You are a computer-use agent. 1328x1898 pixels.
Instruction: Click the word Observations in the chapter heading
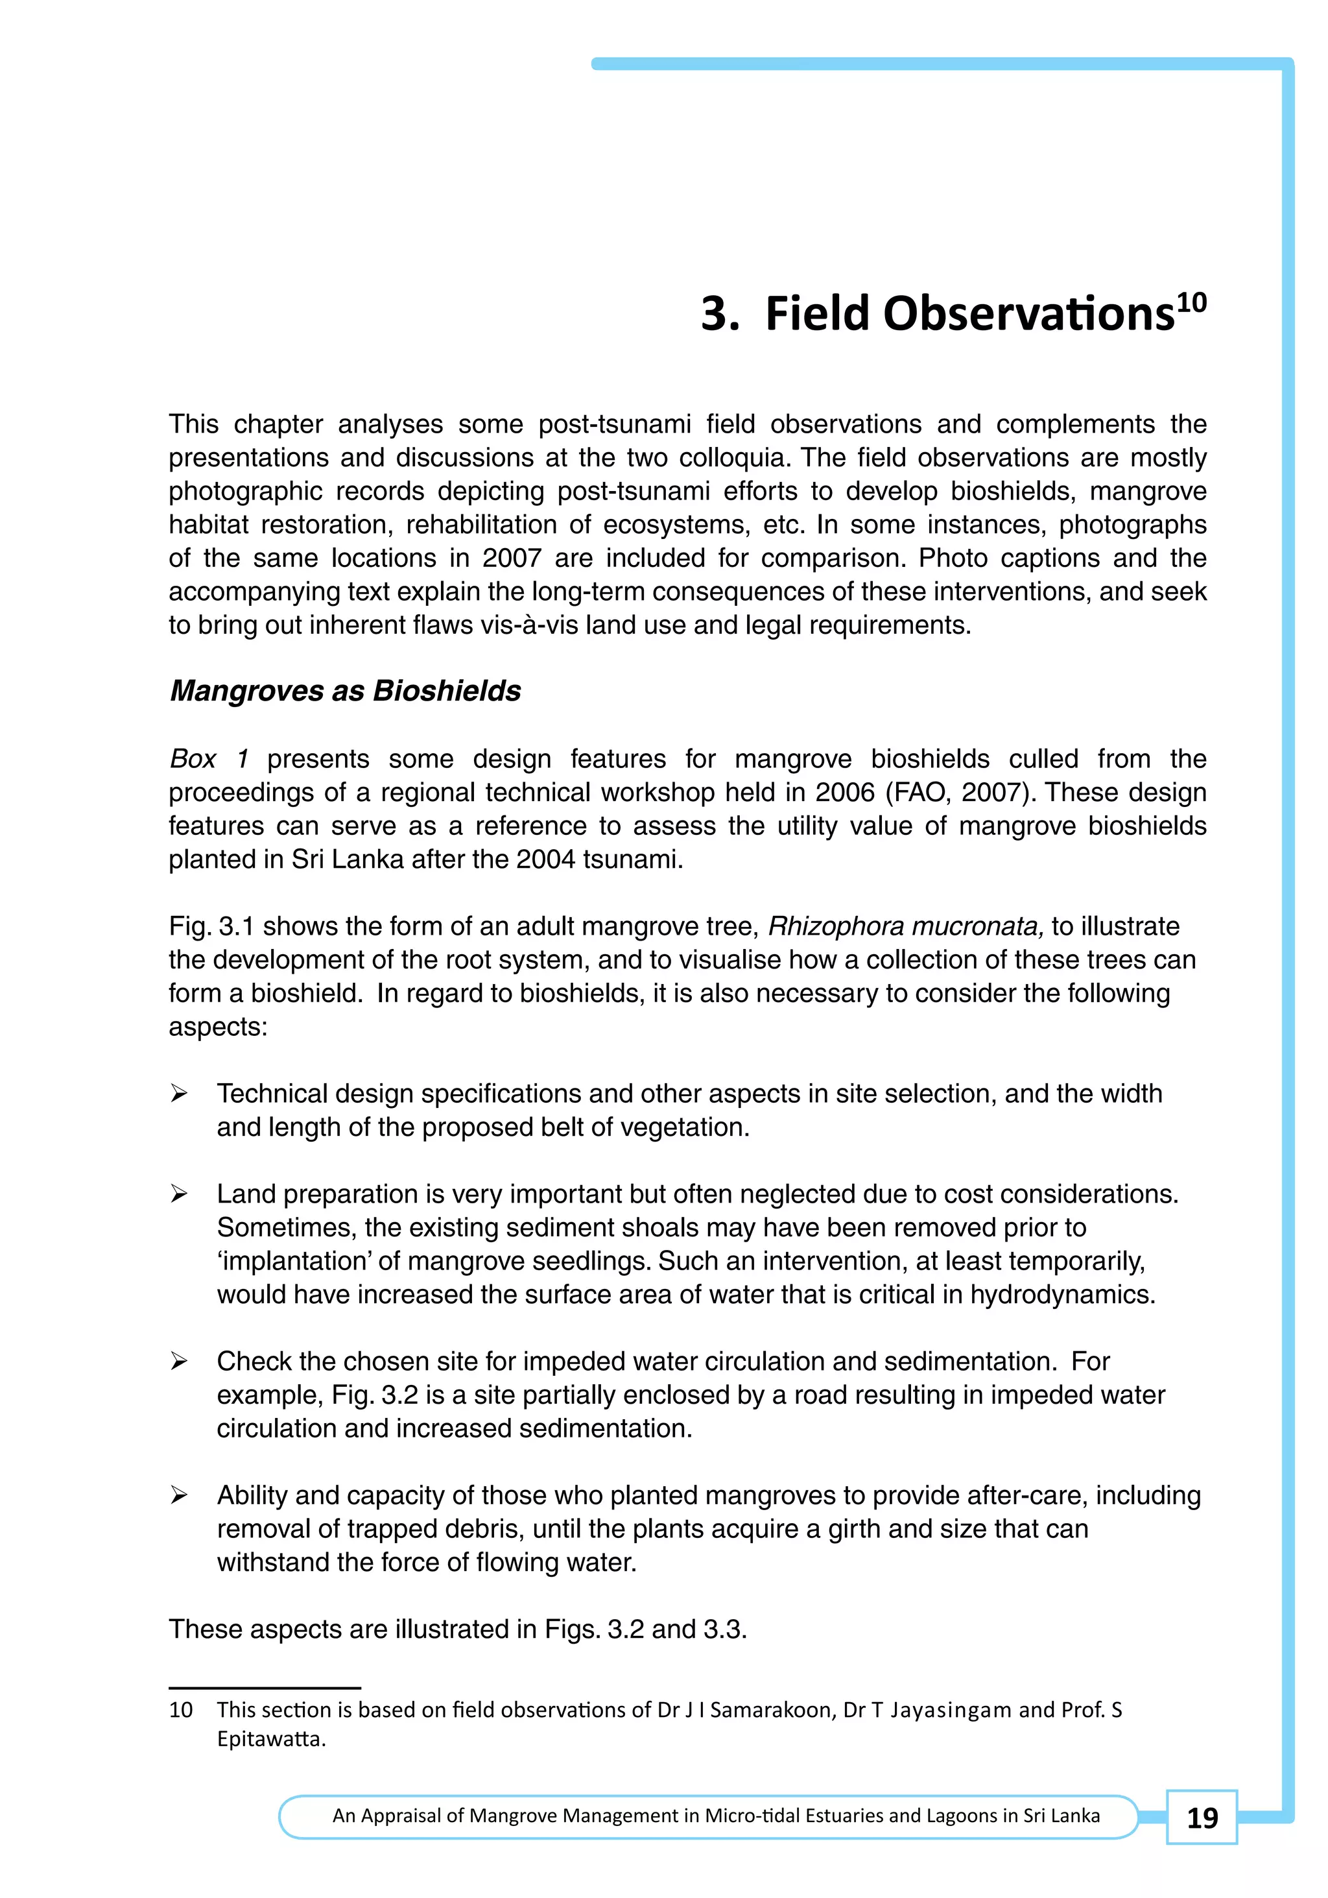(969, 315)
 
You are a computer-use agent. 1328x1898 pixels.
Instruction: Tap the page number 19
(1202, 1818)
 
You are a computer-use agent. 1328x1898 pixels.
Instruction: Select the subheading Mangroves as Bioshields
(346, 691)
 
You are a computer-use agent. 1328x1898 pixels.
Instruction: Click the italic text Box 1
(208, 759)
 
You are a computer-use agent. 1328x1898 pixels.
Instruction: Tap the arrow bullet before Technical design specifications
(178, 1094)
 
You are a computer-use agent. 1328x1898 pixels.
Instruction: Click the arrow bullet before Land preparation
(178, 1194)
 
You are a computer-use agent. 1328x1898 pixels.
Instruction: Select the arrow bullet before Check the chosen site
(178, 1362)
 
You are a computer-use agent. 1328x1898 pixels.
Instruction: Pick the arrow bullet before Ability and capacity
(178, 1495)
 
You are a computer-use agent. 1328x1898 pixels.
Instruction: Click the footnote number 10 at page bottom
(181, 1709)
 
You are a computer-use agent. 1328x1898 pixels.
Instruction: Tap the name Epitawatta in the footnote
(271, 1739)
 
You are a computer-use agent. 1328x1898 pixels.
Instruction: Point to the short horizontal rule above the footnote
(265, 1687)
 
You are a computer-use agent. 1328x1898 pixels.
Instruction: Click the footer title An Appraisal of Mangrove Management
(716, 1816)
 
